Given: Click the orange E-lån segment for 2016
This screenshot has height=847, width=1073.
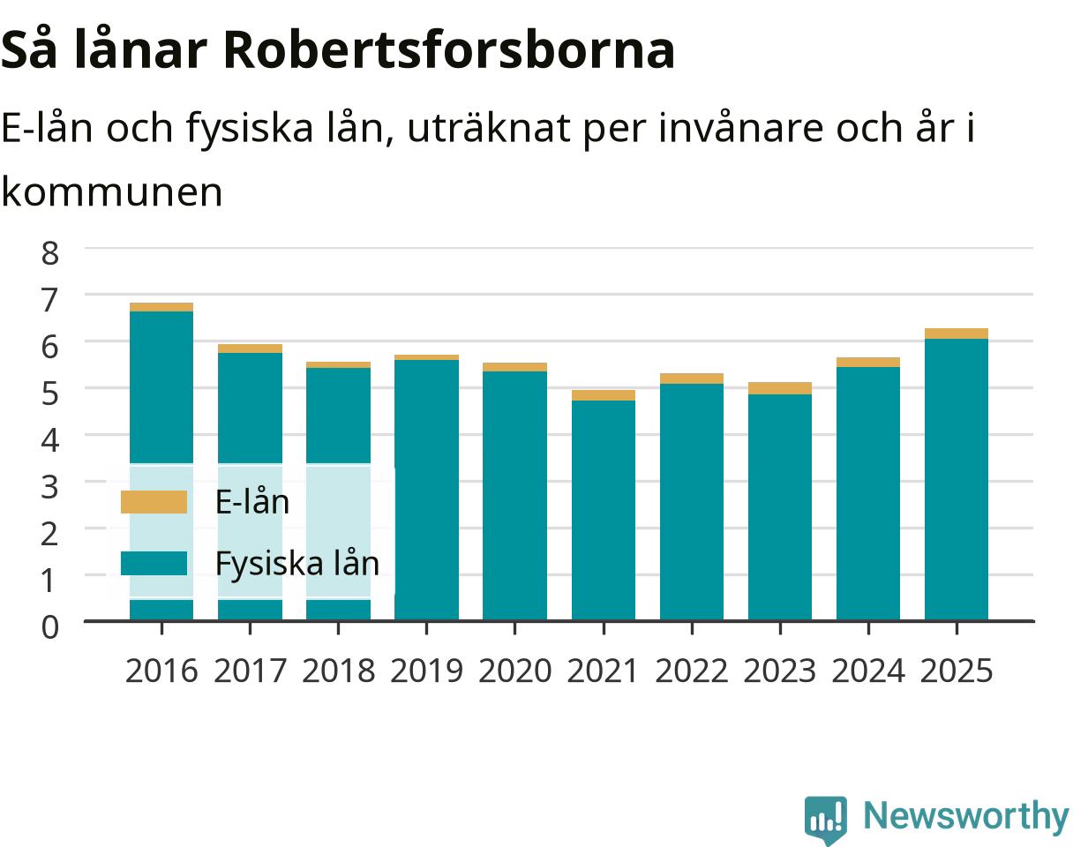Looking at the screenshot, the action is pos(161,307).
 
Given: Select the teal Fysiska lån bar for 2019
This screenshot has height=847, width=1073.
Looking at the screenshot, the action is pos(426,490).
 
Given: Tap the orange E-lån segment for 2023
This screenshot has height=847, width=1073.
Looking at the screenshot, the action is pos(780,388).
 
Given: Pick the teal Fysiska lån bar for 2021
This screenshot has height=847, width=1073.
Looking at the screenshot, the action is pos(604,511).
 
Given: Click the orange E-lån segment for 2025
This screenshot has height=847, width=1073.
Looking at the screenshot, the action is pos(957,334).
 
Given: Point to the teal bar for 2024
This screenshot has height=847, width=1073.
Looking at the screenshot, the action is pos(868,493).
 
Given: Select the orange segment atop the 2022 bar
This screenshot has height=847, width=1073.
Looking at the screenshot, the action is pos(692,379).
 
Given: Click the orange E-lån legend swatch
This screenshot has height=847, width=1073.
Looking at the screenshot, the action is pos(154,502).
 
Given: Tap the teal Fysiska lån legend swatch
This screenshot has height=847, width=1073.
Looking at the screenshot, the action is pos(154,563).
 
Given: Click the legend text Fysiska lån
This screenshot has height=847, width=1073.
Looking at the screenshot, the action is pos(297,564).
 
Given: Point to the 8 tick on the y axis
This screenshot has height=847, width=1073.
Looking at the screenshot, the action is pos(50,253).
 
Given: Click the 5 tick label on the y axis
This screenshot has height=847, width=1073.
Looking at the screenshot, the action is pos(50,394).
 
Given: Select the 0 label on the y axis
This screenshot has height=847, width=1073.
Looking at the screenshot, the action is pos(50,627).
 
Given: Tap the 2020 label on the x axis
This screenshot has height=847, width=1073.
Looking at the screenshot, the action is pos(515,671).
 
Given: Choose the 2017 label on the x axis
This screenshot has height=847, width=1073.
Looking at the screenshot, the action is pos(251,671).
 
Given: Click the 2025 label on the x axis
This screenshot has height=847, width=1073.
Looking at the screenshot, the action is pos(957,671).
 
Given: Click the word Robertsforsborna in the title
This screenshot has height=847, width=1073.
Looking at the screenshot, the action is pos(449,50).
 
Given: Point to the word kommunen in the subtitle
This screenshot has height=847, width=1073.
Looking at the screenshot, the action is pos(112,192).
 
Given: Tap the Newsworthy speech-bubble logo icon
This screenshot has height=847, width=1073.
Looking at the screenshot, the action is pos(826,819).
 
